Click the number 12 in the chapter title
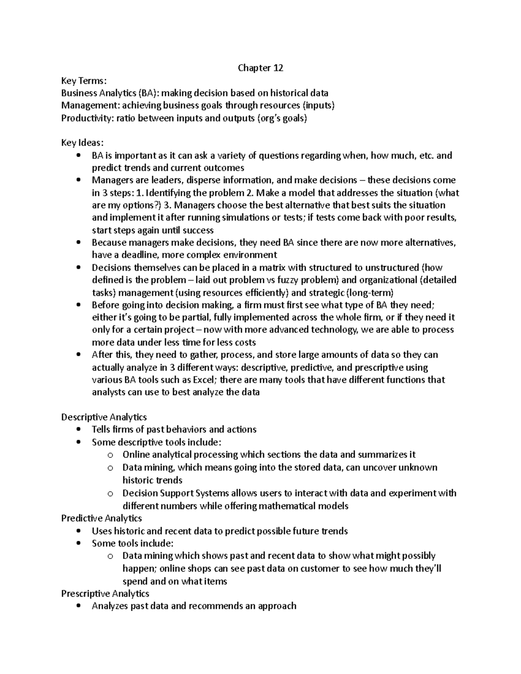(278, 68)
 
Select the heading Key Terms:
(83, 80)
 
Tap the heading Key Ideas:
(82, 143)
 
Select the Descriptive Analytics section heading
(104, 417)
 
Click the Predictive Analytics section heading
(102, 518)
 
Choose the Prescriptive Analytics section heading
(105, 593)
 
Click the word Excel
(206, 380)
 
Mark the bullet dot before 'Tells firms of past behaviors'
(78, 430)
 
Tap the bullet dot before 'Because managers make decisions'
(78, 243)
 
